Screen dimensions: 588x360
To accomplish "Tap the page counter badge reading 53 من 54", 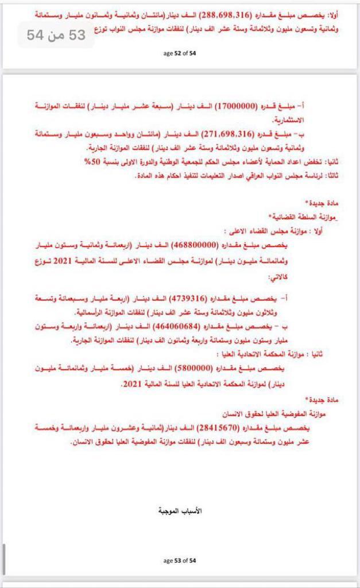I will pos(56,35).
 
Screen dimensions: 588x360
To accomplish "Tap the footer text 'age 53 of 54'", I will pos(180,560).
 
